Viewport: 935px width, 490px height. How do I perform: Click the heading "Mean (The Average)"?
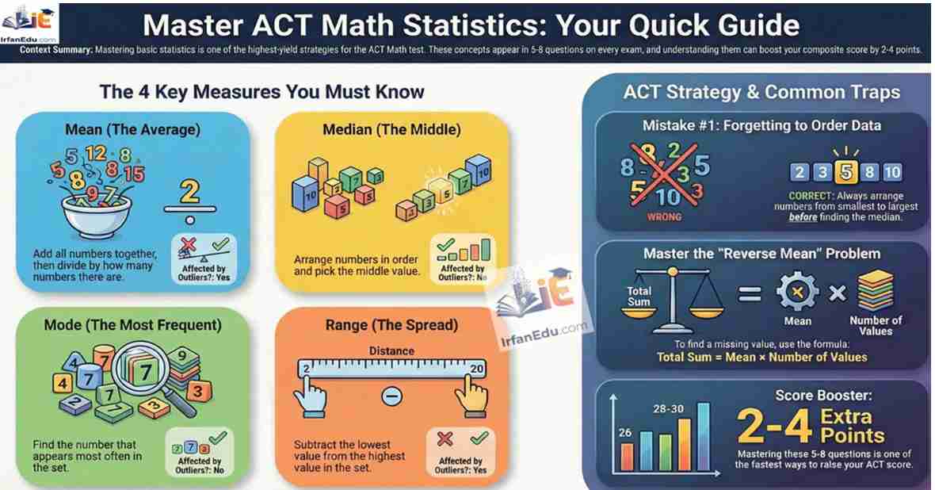pyautogui.click(x=133, y=129)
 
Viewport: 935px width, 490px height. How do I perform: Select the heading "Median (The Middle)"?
pyautogui.click(x=391, y=129)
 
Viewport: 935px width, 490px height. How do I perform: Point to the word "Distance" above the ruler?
pyautogui.click(x=391, y=351)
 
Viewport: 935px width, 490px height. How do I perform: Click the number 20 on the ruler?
pyautogui.click(x=476, y=369)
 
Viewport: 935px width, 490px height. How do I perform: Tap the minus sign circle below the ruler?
pyautogui.click(x=391, y=396)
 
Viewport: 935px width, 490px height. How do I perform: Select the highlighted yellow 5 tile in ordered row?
pyautogui.click(x=845, y=172)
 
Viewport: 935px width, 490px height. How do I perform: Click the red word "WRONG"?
pyautogui.click(x=664, y=217)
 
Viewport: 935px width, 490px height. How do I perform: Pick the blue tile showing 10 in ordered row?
pyautogui.click(x=892, y=173)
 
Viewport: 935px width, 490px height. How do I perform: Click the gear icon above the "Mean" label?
pyautogui.click(x=797, y=292)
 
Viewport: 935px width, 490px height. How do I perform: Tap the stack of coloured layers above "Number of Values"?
pyautogui.click(x=876, y=291)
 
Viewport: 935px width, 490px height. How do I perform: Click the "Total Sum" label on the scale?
pyautogui.click(x=639, y=296)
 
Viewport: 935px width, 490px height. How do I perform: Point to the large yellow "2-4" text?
pyautogui.click(x=775, y=426)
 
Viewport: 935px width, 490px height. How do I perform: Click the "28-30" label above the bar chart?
pyautogui.click(x=669, y=409)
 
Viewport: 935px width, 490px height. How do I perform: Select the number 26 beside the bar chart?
pyautogui.click(x=625, y=432)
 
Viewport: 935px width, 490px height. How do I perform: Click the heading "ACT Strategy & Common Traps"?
pyautogui.click(x=761, y=92)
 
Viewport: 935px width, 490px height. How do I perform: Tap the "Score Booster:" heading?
pyautogui.click(x=823, y=395)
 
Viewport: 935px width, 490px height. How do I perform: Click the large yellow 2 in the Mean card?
pyautogui.click(x=189, y=192)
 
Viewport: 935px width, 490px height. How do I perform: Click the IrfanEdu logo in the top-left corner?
pyautogui.click(x=29, y=25)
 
